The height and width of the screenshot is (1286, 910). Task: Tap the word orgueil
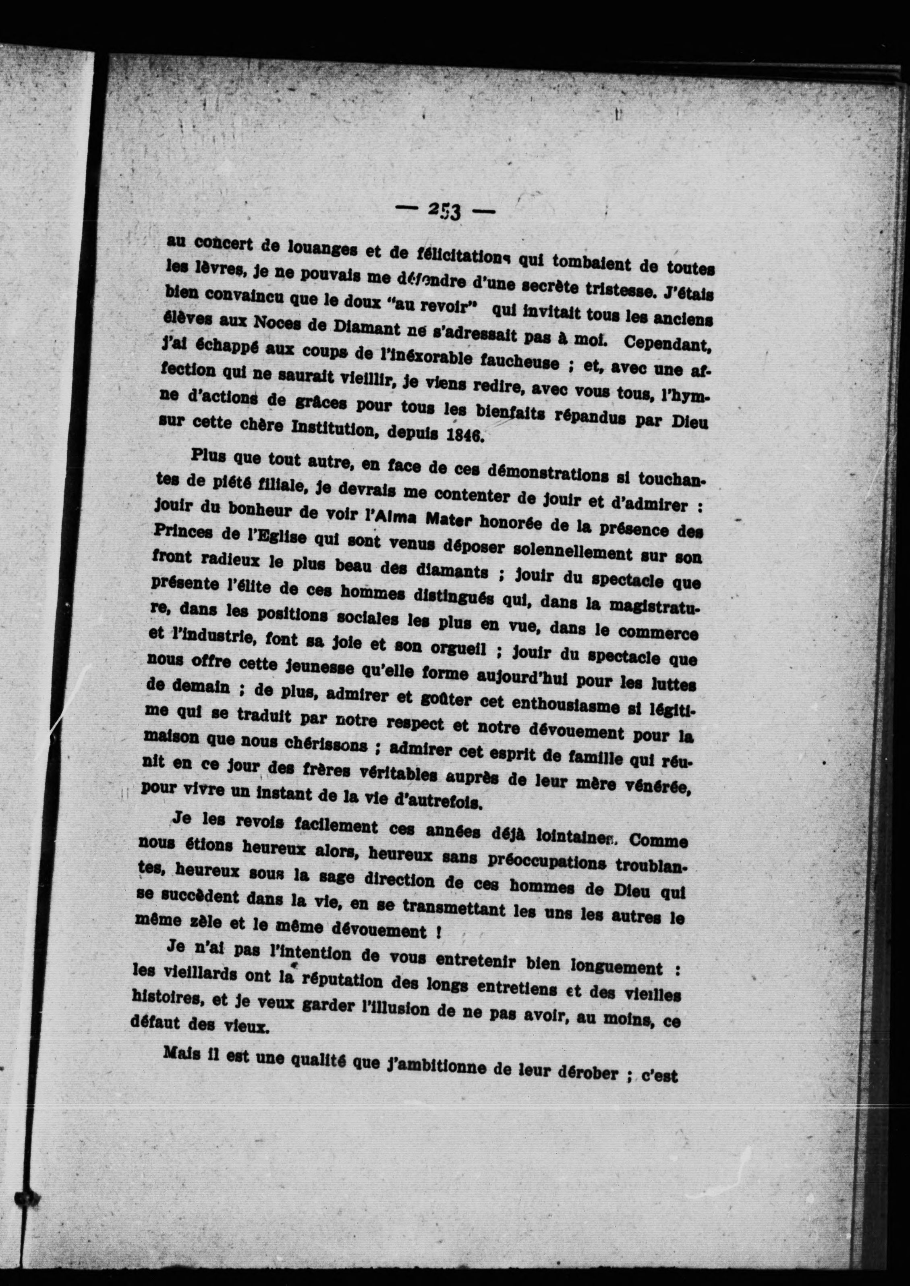(x=452, y=649)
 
